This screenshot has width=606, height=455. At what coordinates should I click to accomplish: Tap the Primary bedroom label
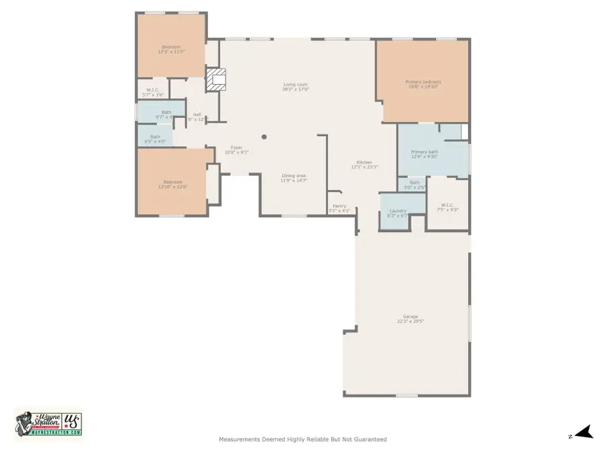(x=424, y=84)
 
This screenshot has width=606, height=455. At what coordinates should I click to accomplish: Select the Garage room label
(x=410, y=319)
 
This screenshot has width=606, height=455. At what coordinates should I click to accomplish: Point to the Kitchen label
(x=364, y=164)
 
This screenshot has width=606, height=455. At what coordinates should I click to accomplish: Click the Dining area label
(x=294, y=178)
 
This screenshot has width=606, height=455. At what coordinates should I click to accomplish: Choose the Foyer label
(x=236, y=150)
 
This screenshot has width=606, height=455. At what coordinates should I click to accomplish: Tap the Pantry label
(x=339, y=208)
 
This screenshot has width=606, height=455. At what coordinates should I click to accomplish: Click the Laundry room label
(x=398, y=213)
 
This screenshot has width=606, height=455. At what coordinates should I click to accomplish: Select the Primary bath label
(x=424, y=154)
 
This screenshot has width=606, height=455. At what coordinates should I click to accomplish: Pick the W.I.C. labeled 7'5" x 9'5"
(x=448, y=207)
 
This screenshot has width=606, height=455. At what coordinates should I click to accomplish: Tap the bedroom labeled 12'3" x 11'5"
(x=171, y=49)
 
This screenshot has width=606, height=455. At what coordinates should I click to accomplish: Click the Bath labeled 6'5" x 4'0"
(x=156, y=139)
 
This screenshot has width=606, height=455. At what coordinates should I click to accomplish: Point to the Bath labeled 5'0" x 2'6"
(x=415, y=184)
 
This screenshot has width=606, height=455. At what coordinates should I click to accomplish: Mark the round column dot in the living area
(x=264, y=137)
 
